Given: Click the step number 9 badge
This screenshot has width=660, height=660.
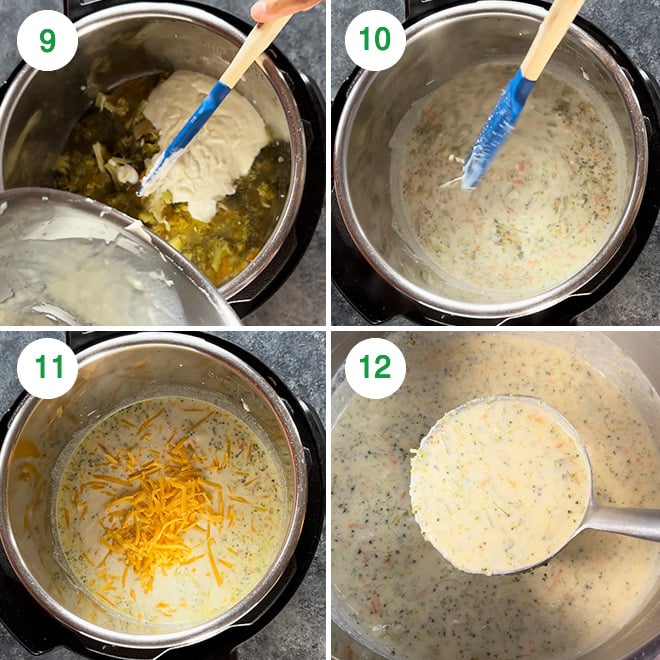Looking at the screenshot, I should [x=47, y=40].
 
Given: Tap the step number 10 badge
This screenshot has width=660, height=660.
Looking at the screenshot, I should [x=375, y=40].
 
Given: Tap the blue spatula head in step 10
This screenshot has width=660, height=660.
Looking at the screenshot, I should [x=499, y=130].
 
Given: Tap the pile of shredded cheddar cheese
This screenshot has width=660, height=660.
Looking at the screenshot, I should [x=160, y=510].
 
